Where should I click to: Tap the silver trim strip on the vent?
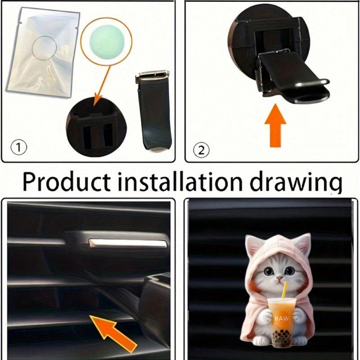[128, 243]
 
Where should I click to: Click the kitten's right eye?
[290, 271]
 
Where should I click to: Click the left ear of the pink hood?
[253, 245]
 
